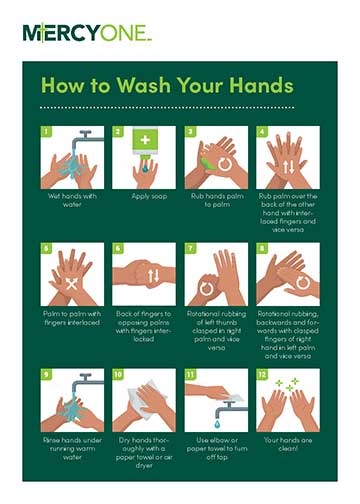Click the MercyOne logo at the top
87,33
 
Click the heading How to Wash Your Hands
166,86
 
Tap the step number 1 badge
45,131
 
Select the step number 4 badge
262,131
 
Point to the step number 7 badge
190,247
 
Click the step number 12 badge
262,374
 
